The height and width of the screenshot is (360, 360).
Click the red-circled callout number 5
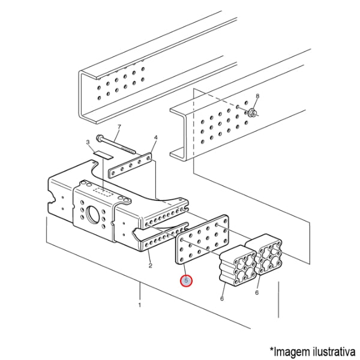pyautogui.click(x=186, y=281)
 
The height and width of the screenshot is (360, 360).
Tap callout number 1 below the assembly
pyautogui.click(x=140, y=305)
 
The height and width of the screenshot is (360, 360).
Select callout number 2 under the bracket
pyautogui.click(x=151, y=266)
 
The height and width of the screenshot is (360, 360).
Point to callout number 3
pyautogui.click(x=88, y=142)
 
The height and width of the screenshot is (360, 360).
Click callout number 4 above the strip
pyautogui.click(x=156, y=137)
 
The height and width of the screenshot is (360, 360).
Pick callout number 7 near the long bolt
pyautogui.click(x=119, y=127)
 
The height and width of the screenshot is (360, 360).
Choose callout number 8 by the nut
pyautogui.click(x=257, y=96)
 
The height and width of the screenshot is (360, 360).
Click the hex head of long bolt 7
pyautogui.click(x=100, y=138)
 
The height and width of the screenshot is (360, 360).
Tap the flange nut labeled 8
pyautogui.click(x=251, y=113)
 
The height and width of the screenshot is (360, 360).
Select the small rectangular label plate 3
pyautogui.click(x=103, y=155)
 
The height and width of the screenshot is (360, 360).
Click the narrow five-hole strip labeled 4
pyautogui.click(x=130, y=166)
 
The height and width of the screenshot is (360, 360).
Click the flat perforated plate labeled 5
pyautogui.click(x=202, y=239)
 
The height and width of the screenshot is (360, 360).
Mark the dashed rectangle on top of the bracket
pyautogui.click(x=103, y=192)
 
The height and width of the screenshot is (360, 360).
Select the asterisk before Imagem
pyautogui.click(x=272, y=349)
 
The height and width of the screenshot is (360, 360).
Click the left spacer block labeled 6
pyautogui.click(x=238, y=266)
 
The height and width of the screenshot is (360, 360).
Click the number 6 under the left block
pyautogui.click(x=222, y=298)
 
